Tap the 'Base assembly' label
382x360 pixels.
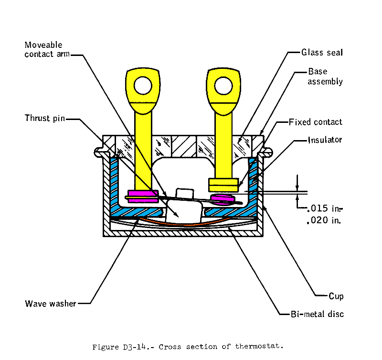(325, 76)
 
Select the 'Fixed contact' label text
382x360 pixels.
(316, 122)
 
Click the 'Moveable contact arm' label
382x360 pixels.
(47, 49)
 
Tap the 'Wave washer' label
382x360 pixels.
(50, 303)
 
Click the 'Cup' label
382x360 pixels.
(335, 296)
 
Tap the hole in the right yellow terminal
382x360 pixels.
(223, 85)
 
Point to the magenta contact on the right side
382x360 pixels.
(222, 198)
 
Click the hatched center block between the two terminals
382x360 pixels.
(183, 146)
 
